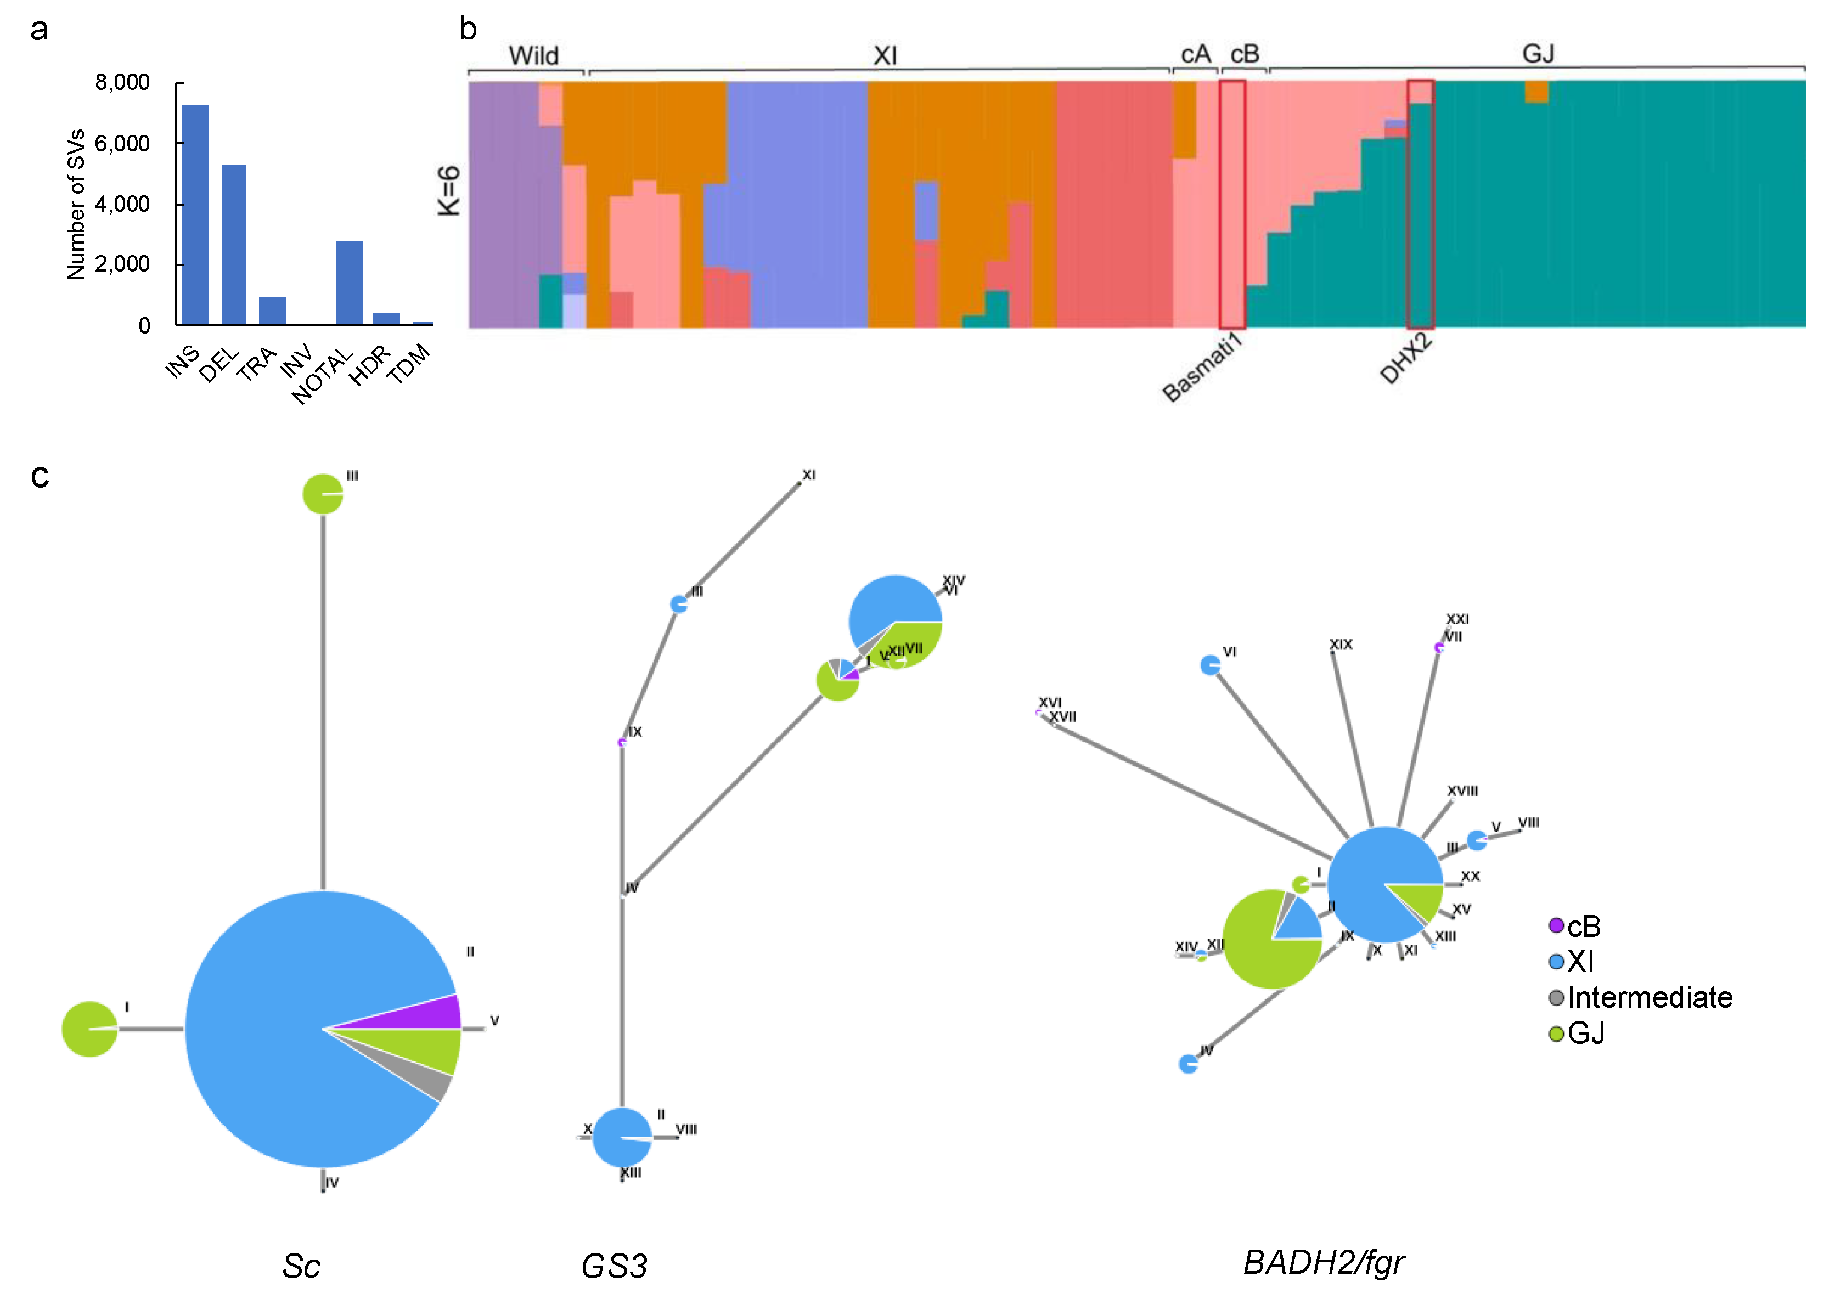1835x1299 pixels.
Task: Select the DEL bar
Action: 234,244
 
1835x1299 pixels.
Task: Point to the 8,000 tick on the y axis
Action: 122,82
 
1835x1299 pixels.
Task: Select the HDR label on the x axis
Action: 369,365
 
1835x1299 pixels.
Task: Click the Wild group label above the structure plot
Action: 533,56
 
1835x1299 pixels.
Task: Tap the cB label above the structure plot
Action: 1245,54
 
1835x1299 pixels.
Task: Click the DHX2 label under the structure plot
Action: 1405,359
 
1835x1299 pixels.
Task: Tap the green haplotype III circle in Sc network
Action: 322,494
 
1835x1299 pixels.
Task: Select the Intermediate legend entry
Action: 1648,997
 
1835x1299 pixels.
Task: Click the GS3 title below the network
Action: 613,1266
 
